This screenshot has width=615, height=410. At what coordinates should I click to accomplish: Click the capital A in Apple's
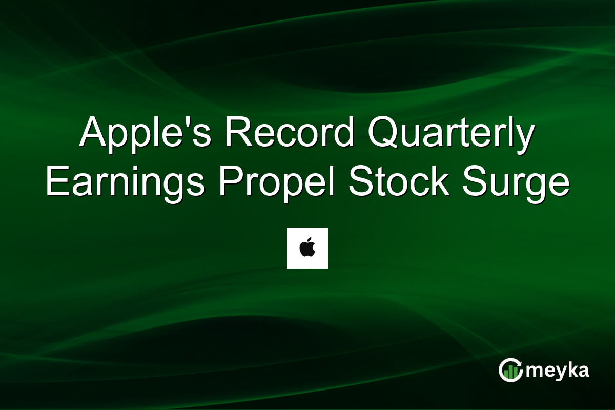pyautogui.click(x=92, y=133)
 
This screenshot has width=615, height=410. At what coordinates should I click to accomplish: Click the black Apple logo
pyautogui.click(x=307, y=249)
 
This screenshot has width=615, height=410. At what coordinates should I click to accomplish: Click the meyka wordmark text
pyautogui.click(x=557, y=371)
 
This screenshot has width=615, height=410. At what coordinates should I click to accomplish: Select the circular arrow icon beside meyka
pyautogui.click(x=511, y=370)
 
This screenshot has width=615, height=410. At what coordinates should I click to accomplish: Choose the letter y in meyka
pyautogui.click(x=561, y=373)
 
